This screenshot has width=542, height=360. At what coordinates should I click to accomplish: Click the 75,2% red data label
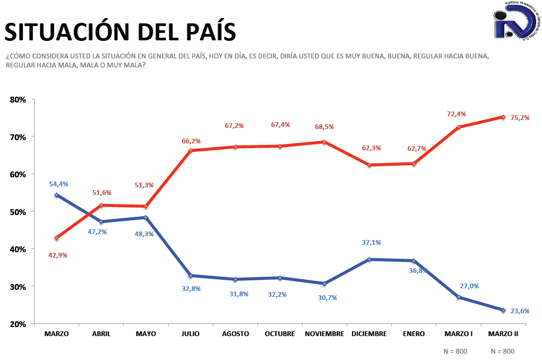520,118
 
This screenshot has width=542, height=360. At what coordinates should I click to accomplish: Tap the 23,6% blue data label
520,311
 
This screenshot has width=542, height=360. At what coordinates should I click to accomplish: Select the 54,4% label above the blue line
58,184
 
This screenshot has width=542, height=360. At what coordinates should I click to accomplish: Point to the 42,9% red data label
58,255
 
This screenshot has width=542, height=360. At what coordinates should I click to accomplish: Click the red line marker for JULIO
190,150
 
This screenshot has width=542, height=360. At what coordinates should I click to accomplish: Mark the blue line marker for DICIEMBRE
369,259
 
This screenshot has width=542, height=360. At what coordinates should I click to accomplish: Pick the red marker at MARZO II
503,117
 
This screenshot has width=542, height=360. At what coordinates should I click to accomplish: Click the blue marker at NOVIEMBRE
324,283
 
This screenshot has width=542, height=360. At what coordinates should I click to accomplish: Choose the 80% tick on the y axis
19,99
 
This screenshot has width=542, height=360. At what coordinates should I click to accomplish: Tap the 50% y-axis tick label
19,211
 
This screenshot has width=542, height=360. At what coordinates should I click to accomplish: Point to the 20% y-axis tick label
19,324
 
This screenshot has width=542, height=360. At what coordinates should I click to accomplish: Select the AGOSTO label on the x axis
235,334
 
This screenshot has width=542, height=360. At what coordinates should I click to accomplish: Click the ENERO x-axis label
414,334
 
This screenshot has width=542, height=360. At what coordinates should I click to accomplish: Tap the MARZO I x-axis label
458,334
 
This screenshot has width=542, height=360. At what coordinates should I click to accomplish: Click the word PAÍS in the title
205,32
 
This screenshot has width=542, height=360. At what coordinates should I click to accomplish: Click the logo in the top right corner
514,21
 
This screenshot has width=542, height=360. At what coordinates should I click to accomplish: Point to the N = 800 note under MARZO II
503,351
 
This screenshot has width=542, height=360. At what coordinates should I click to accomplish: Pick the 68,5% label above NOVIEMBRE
324,127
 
